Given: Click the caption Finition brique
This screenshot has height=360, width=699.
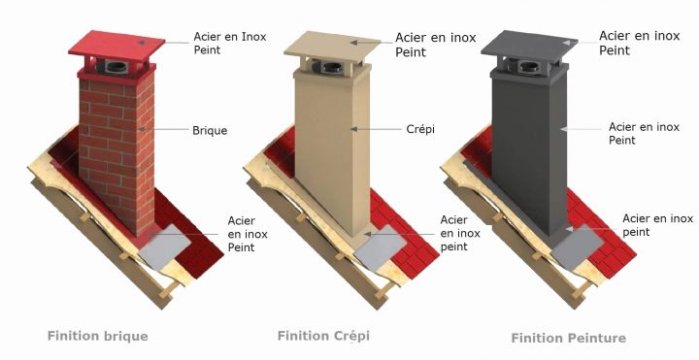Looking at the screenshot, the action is click(98, 336).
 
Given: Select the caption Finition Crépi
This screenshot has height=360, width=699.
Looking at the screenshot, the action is click(323, 336).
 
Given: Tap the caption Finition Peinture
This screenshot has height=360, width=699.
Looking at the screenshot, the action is click(568, 339).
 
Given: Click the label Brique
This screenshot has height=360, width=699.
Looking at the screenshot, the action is click(210, 131).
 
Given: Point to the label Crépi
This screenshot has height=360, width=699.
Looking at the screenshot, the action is click(420, 129).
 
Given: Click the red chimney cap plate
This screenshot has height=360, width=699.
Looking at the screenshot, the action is click(116, 44).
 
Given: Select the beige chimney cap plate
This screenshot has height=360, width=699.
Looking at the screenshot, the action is click(332, 44).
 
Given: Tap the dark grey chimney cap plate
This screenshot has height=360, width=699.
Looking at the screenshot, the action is click(529, 44).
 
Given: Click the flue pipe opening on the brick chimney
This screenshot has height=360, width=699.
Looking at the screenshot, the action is click(116, 68).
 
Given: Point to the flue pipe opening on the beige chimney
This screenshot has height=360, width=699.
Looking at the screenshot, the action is click(333, 68).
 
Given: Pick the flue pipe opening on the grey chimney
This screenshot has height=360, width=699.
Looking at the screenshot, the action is click(530, 68).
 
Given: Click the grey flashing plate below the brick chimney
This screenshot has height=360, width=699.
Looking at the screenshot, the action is click(164, 247).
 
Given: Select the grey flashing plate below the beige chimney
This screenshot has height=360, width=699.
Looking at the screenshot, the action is click(381, 247).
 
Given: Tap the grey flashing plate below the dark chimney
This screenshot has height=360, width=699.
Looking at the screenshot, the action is click(577, 247).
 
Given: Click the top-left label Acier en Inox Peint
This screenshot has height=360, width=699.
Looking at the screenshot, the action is click(229, 44).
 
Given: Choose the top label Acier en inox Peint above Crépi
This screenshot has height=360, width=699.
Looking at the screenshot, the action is click(436, 45).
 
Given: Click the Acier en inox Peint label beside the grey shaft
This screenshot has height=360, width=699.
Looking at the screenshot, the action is click(644, 133).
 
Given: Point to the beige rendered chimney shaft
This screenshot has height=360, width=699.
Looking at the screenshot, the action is click(332, 151).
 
